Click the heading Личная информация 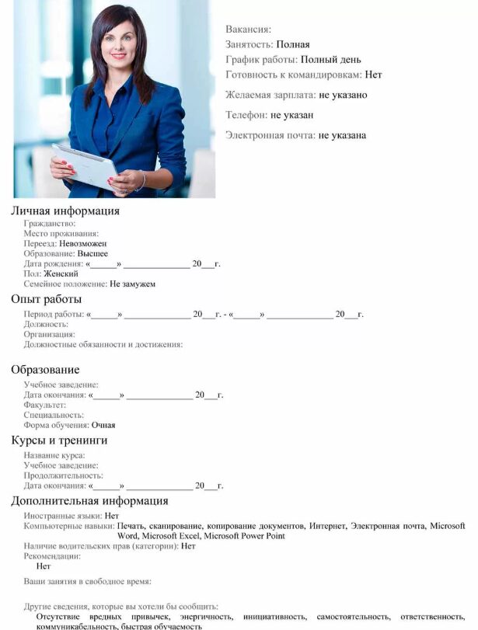point(65,211)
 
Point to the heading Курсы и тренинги point(59,440)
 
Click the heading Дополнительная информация point(89,501)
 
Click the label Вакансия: point(248,30)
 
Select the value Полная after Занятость point(293,44)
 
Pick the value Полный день point(331,60)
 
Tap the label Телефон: point(246,115)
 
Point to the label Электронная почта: point(270,135)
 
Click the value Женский point(61,274)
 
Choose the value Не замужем point(132,284)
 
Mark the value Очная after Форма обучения point(103,426)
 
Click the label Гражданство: point(50,224)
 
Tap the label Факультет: point(45,405)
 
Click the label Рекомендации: point(52,556)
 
